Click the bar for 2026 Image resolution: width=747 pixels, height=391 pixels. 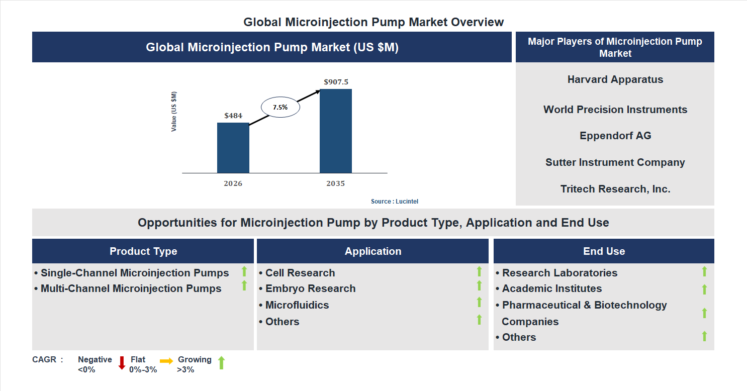coord(233,148)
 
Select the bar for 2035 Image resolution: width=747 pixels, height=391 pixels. coord(335,131)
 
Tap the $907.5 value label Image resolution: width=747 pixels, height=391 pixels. coord(336,81)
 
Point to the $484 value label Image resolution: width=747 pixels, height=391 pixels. coord(233,116)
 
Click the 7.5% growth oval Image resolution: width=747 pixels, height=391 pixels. coord(280,107)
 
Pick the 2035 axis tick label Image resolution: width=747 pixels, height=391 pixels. coord(335,183)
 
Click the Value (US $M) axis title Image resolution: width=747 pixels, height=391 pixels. coord(174,112)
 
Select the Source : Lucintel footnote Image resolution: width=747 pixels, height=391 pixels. coord(395,201)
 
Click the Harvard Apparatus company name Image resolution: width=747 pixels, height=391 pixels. coord(615,79)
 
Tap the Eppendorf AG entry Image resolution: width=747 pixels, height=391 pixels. coord(615,136)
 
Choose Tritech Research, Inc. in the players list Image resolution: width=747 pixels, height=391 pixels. coord(615,189)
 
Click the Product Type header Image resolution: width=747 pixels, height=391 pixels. coord(143,251)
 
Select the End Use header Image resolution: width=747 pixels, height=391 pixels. coord(604,251)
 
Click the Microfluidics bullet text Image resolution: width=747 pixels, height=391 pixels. coord(297,305)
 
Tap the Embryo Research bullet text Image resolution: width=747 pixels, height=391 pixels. coord(310,288)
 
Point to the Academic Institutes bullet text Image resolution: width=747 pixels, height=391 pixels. coord(551,288)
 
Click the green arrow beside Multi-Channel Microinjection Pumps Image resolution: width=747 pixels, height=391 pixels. coord(244,285)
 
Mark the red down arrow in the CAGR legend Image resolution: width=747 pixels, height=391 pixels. coord(122,363)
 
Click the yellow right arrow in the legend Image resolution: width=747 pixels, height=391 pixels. coord(166,361)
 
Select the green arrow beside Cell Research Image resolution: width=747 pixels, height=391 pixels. coord(479,271)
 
